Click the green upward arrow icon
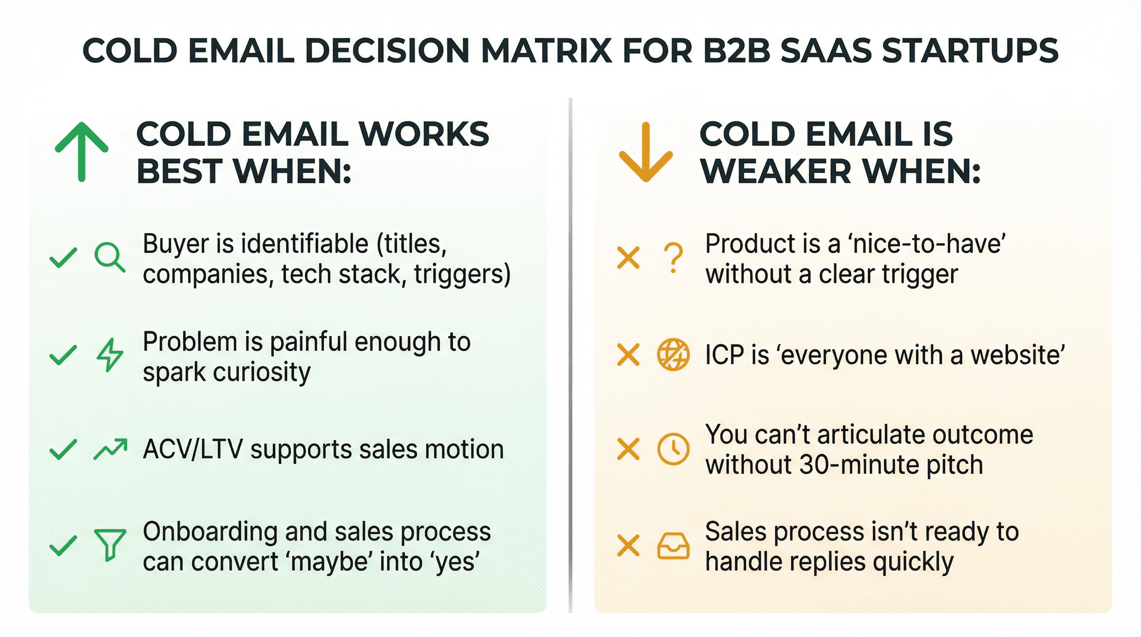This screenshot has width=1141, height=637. pyautogui.click(x=82, y=151)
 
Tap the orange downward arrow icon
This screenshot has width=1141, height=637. pyautogui.click(x=646, y=151)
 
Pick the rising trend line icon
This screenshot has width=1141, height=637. pyautogui.click(x=110, y=449)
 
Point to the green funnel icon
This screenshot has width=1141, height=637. pyautogui.click(x=110, y=545)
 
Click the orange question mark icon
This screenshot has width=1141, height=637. pyautogui.click(x=673, y=258)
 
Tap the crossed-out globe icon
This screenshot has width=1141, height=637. pyautogui.click(x=673, y=355)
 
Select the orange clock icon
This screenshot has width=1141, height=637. pyautogui.click(x=673, y=449)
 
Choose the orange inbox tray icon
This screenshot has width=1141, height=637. pyautogui.click(x=673, y=546)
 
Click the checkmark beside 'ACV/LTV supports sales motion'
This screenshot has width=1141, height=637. pyautogui.click(x=63, y=449)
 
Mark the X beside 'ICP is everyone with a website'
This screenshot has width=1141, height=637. pyautogui.click(x=628, y=355)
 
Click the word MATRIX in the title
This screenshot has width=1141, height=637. pyautogui.click(x=546, y=50)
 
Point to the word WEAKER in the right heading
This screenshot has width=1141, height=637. pyautogui.click(x=775, y=171)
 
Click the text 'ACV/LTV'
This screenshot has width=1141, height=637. pyautogui.click(x=193, y=449)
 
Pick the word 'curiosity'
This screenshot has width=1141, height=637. pyautogui.click(x=262, y=372)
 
